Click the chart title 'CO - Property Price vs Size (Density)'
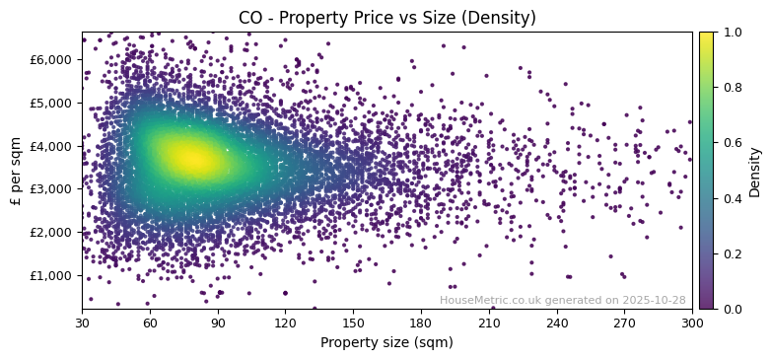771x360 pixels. point(386,18)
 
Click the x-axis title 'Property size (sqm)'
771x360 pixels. point(386,343)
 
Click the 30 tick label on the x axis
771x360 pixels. point(82,323)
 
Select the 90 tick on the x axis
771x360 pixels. point(218,323)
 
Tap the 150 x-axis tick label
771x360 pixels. point(353,323)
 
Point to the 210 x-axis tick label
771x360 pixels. point(489,323)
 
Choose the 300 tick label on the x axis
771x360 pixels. point(692,323)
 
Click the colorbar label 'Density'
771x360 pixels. point(755,171)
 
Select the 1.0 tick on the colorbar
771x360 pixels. point(731,32)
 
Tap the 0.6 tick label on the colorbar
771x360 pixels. point(731,143)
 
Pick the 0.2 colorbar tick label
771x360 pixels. point(731,253)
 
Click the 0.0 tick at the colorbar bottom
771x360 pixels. point(731,309)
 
